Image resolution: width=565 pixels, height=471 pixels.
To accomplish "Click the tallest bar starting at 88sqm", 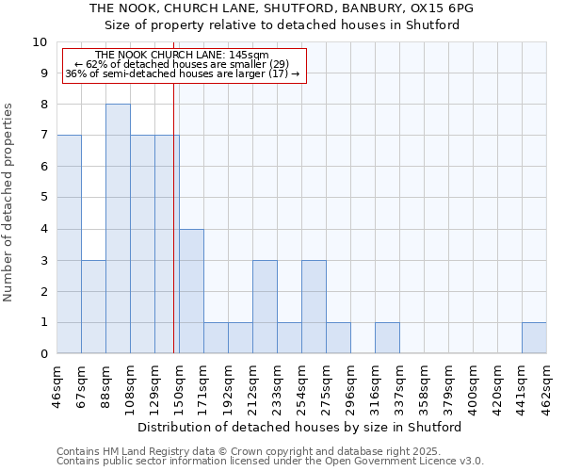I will click(x=118, y=229).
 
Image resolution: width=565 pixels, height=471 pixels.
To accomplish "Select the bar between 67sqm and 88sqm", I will click(x=93, y=307).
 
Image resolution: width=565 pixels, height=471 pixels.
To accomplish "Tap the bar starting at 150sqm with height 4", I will click(x=191, y=291).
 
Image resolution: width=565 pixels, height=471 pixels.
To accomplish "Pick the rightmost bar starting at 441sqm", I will click(x=534, y=338).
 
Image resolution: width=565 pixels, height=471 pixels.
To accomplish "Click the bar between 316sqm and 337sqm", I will click(x=387, y=338).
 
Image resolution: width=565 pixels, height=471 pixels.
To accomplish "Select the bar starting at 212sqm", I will click(x=265, y=307).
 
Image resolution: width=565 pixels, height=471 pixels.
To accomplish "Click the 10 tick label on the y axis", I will click(x=40, y=42).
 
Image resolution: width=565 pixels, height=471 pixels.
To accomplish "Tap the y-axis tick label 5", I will click(x=43, y=198).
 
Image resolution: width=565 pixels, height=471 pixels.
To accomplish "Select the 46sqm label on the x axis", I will click(x=57, y=384).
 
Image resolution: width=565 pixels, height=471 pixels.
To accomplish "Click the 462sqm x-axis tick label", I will click(x=546, y=387).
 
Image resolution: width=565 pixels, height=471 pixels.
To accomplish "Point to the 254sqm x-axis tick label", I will click(x=301, y=387).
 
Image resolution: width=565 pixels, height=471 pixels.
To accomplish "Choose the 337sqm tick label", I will click(x=399, y=387).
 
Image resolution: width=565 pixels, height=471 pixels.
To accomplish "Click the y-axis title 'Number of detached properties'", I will click(x=9, y=203).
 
